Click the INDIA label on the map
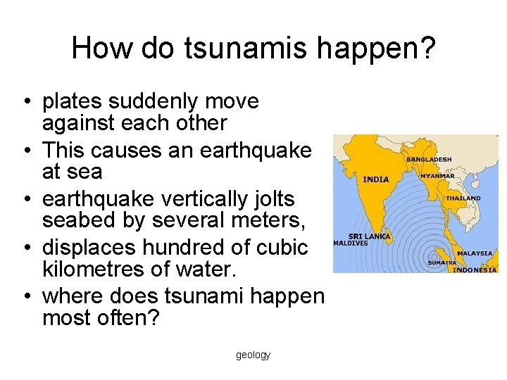pos(375,179)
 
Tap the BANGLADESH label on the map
pos(428,160)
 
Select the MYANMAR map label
pos(438,175)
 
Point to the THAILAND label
pos(463,198)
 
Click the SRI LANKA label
pos(370,237)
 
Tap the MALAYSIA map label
pos(475,253)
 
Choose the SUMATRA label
pos(442,263)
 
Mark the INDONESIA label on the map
pos(474,270)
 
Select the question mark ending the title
pos(428,48)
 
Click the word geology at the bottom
pos(253,355)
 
